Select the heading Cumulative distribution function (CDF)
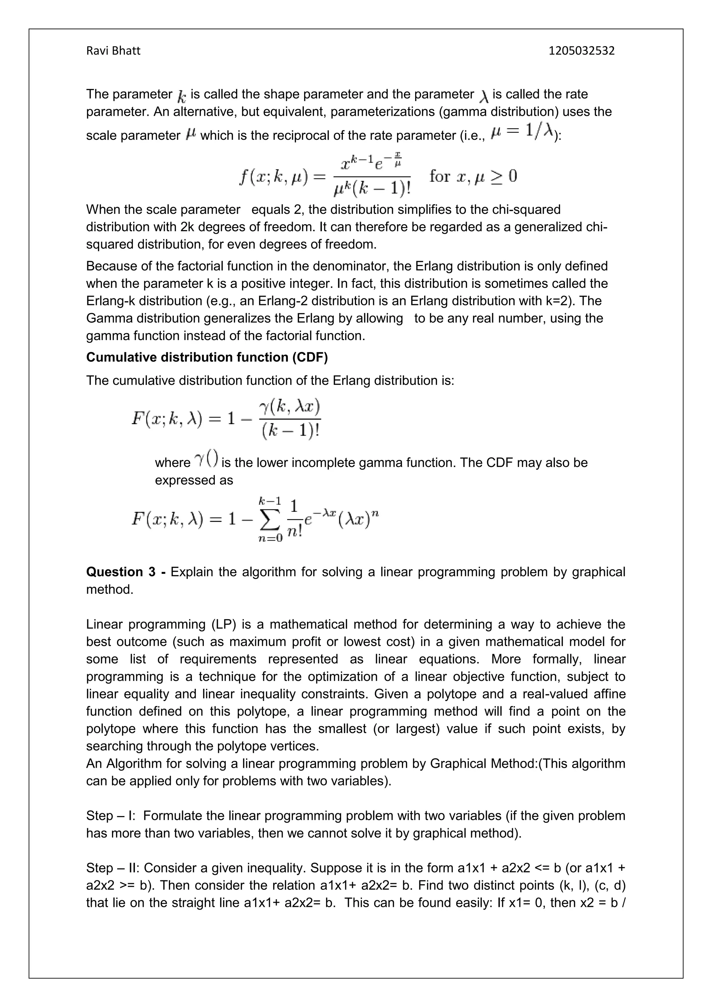207,357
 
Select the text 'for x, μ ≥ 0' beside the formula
473,176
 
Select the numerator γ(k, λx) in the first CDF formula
290,407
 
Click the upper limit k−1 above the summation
270,500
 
